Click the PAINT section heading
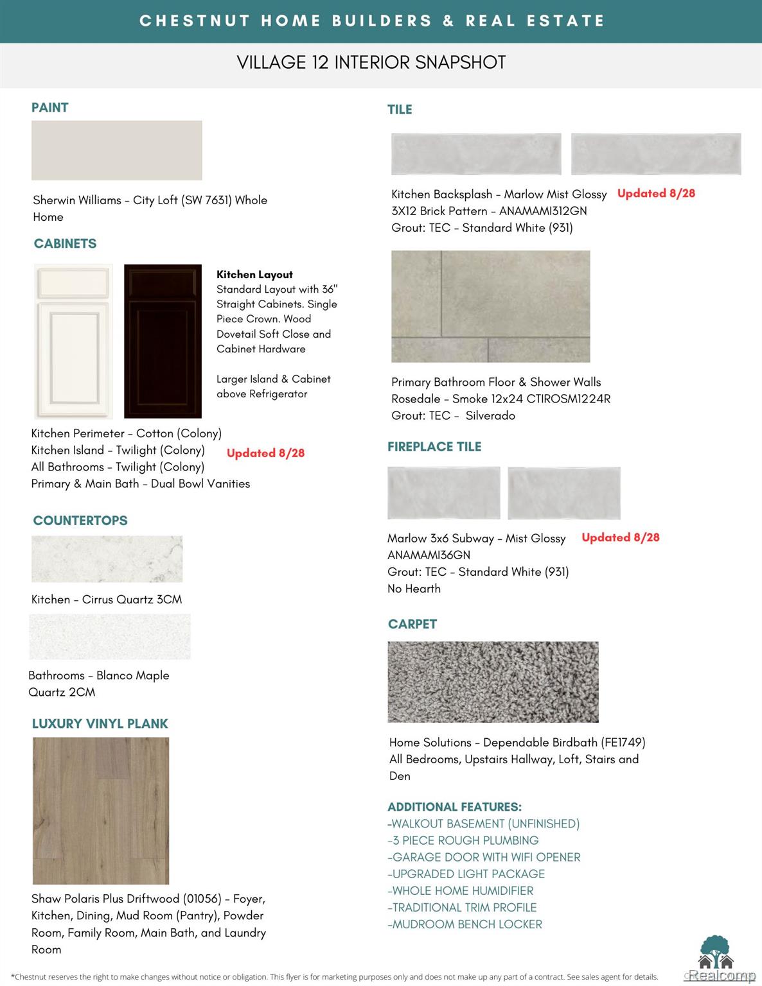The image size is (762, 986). tap(49, 107)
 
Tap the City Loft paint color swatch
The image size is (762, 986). tap(116, 150)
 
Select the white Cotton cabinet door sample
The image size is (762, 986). tap(73, 341)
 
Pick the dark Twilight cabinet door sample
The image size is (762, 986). tap(163, 341)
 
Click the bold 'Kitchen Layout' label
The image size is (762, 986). tap(254, 274)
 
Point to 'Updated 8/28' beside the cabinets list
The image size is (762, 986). tap(265, 453)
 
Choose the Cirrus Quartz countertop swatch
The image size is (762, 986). tap(107, 559)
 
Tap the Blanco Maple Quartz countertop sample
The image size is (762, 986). tap(110, 637)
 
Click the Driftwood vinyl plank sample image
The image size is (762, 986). tap(101, 810)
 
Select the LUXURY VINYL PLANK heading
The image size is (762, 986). tap(100, 723)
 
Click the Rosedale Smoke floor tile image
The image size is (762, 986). tap(490, 306)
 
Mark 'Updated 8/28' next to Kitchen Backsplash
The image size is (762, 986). tap(656, 193)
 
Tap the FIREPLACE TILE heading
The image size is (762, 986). tap(434, 447)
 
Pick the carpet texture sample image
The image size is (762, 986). tap(493, 682)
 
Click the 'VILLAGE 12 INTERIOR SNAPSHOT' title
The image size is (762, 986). tap(371, 62)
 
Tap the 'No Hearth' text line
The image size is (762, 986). tap(414, 589)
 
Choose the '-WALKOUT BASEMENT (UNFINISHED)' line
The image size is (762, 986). tap(484, 824)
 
